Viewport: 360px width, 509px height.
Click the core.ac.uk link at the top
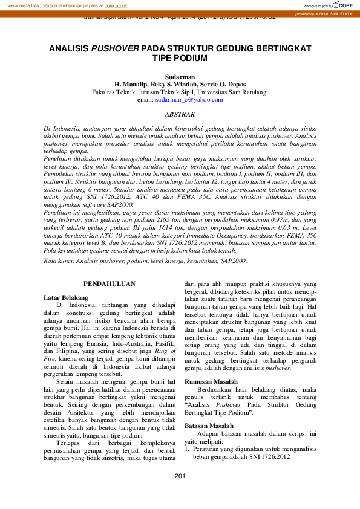coord(116,5)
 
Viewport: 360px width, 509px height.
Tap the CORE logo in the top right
coord(341,5)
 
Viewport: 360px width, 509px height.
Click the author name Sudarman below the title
coord(180,77)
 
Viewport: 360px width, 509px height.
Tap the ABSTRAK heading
coord(180,114)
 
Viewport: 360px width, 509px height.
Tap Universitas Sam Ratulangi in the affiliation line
coord(234,92)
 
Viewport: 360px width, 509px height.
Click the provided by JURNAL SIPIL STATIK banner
coord(326,13)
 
